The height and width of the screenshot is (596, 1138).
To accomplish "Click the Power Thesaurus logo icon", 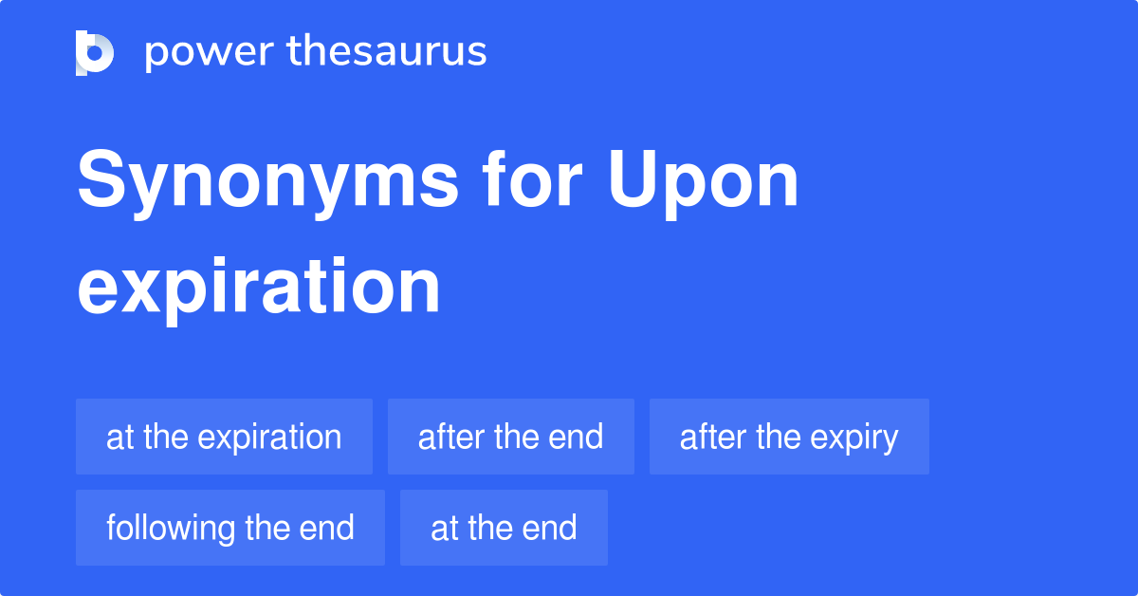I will coord(95,52).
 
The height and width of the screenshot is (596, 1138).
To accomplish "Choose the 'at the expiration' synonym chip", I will coord(224,437).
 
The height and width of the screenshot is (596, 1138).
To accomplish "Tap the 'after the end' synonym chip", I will coord(510,437).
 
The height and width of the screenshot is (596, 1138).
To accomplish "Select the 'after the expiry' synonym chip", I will coord(789,437).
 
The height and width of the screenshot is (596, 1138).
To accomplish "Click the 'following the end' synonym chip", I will coord(230,528).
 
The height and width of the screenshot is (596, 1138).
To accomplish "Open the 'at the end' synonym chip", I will coord(504,528).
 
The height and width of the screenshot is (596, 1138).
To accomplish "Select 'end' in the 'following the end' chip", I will coord(330,528).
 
